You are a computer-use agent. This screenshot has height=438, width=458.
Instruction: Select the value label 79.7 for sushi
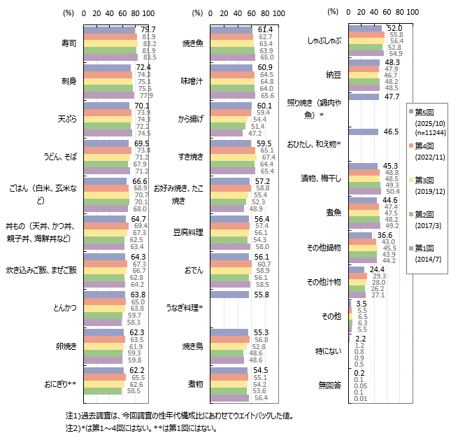coord(148,29)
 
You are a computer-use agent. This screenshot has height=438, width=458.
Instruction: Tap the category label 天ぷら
coord(67,119)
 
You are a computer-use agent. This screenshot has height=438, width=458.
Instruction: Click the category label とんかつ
coord(65,307)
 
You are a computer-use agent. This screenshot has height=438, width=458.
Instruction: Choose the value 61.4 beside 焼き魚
coord(265,29)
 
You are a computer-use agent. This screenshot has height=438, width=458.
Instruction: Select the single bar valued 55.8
coord(229,295)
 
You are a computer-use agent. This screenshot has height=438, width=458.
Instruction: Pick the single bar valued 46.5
coord(363,132)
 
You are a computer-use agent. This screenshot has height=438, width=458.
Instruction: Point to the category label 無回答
coord(330,384)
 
